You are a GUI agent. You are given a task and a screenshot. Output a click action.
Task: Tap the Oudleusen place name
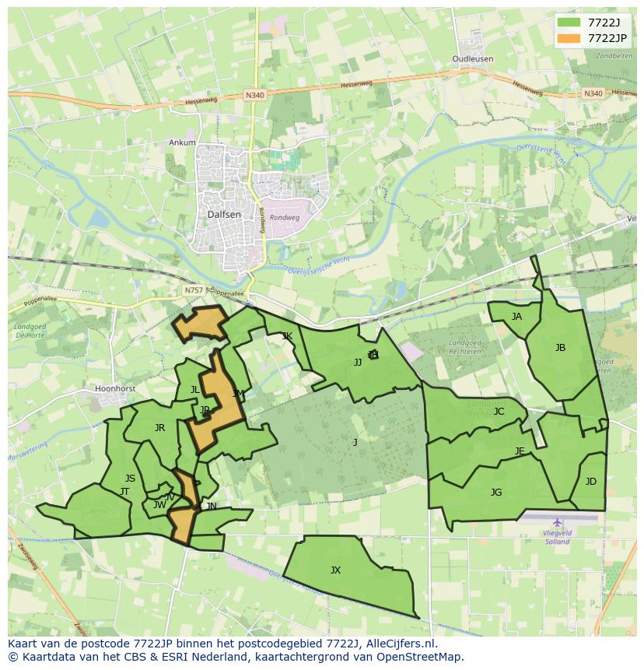[473, 59]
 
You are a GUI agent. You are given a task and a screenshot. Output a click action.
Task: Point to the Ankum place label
[182, 142]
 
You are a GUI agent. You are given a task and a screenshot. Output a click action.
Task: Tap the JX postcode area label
[335, 570]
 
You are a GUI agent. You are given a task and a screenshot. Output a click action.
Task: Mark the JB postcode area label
[560, 348]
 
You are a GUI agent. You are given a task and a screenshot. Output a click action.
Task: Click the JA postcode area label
[516, 317]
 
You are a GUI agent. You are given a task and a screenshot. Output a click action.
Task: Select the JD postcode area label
[591, 482]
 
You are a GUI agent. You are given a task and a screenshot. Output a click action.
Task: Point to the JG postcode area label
[496, 493]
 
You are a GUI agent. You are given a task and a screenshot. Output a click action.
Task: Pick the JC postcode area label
[499, 412]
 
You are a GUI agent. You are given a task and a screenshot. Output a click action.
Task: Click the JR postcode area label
[159, 428]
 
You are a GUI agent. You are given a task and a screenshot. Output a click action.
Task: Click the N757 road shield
[193, 290]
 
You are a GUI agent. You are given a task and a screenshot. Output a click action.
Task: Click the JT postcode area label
[124, 492]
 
